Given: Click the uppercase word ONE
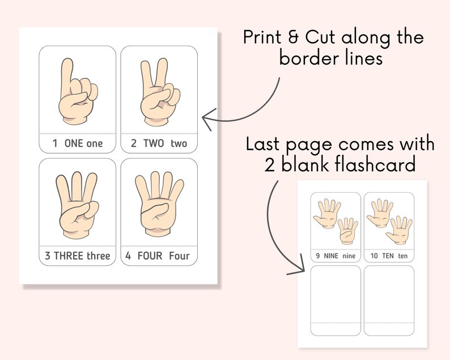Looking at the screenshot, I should click(74, 143).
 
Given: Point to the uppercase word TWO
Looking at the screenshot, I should click(154, 143).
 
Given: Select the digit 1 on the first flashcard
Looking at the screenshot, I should click(55, 143).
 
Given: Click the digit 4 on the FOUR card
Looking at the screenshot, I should click(128, 256).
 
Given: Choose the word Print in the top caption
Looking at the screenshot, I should click(263, 38).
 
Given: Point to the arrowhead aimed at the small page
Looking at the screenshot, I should click(295, 270).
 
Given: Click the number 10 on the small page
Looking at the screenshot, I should click(374, 256).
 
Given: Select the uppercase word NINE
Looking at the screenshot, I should click(331, 256).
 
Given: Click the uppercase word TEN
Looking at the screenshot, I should click(389, 256).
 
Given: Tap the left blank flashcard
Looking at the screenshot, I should click(336, 300).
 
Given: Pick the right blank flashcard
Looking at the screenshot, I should click(389, 300).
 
